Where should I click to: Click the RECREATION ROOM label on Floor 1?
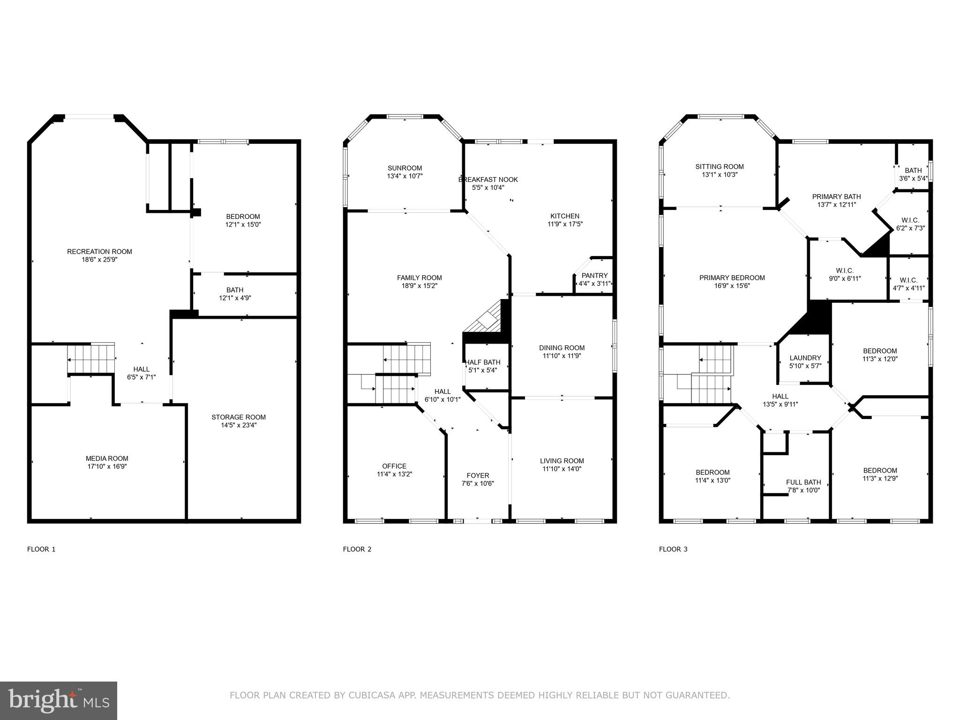(x=99, y=252)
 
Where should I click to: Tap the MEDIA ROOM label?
(x=107, y=458)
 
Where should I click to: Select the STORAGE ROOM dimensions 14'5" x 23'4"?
(x=239, y=425)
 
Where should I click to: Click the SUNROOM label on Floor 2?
(x=405, y=168)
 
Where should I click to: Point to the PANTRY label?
(x=594, y=276)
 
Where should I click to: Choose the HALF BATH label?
(x=482, y=362)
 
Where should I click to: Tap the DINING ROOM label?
(x=562, y=348)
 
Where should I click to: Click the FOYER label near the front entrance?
(x=478, y=475)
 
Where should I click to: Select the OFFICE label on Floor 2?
(x=394, y=466)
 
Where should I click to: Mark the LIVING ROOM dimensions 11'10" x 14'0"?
(x=562, y=469)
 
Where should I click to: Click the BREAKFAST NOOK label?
(x=488, y=180)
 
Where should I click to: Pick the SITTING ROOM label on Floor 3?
(x=720, y=166)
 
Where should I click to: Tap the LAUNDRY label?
(x=805, y=358)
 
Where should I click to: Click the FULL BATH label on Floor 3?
(x=803, y=482)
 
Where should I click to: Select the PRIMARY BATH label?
(x=836, y=196)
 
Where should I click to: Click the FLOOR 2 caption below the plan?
(x=357, y=549)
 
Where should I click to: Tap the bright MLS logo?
(x=59, y=700)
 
